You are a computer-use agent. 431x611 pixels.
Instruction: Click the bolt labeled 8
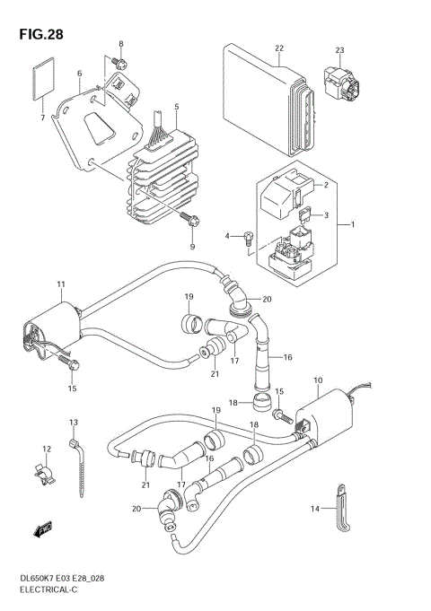pyautogui.click(x=119, y=61)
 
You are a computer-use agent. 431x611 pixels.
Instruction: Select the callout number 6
pyautogui.click(x=79, y=74)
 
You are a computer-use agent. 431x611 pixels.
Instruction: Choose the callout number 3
pyautogui.click(x=326, y=215)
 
